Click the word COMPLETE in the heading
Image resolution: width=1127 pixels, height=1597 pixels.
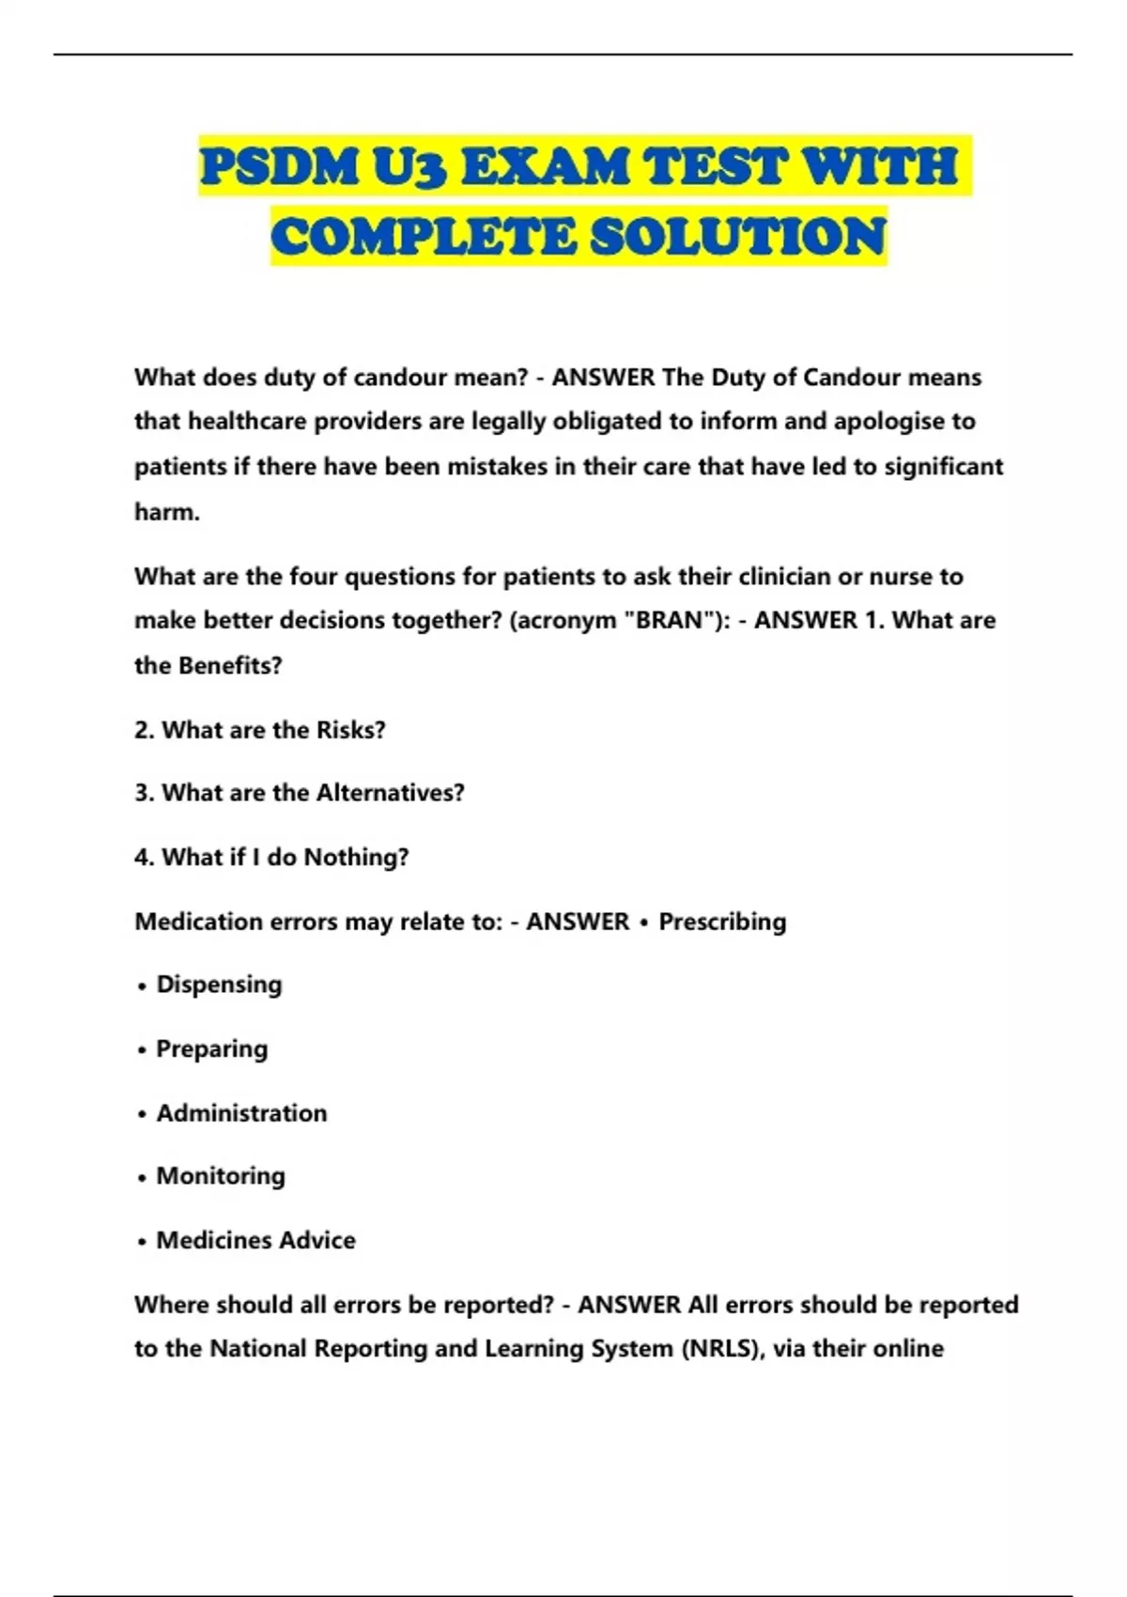423,236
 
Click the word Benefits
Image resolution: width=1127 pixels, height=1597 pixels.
229,665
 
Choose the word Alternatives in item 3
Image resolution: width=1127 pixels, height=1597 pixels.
389,793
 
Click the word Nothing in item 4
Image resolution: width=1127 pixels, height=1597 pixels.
355,857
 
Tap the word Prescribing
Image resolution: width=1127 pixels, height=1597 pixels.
722,922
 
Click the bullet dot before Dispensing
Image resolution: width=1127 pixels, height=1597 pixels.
142,986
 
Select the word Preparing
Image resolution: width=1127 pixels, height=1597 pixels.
211,1048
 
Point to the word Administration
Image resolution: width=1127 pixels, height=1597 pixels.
241,1113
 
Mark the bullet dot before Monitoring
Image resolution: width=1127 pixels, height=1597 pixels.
142,1178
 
